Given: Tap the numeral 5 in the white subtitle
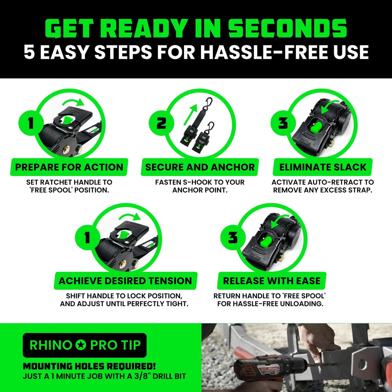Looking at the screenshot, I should coord(29,53).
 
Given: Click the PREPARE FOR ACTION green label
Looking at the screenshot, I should coord(69,167).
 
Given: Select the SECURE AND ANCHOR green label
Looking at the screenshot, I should coord(200,167).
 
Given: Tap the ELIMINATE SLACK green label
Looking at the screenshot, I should coord(323,167).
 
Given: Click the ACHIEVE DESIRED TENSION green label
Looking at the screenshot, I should coord(125,281).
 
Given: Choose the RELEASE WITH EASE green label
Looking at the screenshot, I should coord(271,281).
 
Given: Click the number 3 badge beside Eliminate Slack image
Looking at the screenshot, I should coord(283,123).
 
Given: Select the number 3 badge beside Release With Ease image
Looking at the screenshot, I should coord(233,237).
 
